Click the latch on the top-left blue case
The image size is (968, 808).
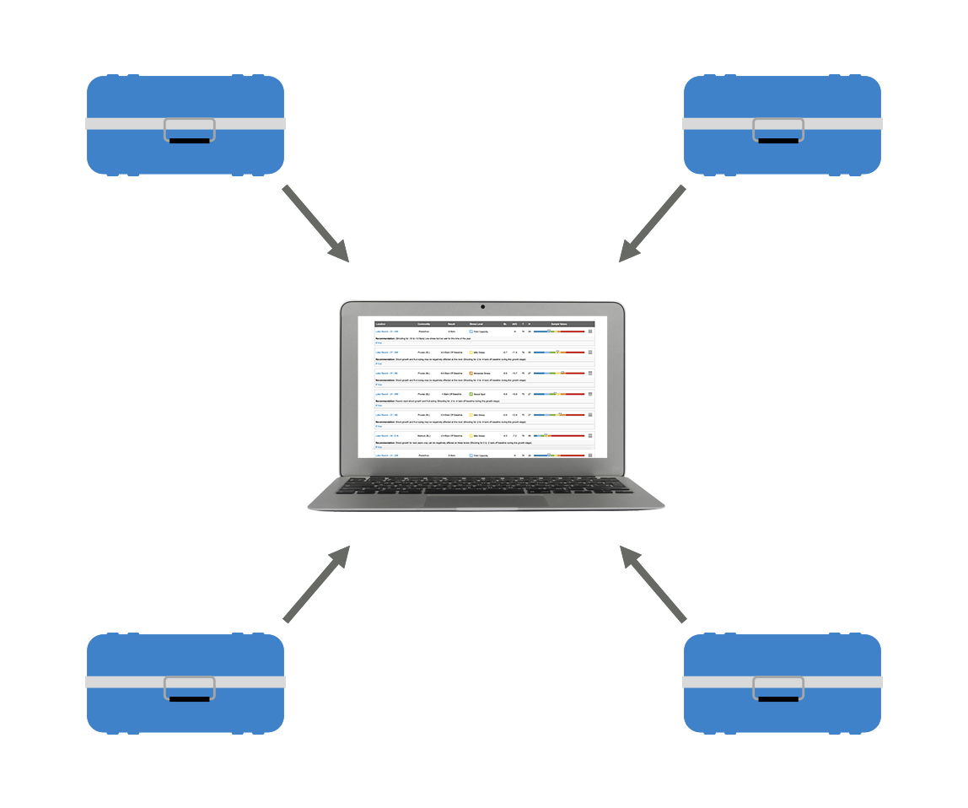[x=189, y=129]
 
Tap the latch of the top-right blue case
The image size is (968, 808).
[x=778, y=129]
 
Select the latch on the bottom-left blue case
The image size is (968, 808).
[x=189, y=687]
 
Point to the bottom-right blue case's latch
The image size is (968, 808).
[x=778, y=687]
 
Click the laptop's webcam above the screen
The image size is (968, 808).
[x=482, y=306]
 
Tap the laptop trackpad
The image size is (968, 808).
[x=485, y=501]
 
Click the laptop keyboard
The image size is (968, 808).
[x=485, y=486]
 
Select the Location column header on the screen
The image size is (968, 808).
[x=381, y=323]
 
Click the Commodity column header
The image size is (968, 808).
[x=424, y=323]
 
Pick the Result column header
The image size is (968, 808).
[x=452, y=323]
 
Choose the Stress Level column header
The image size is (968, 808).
[x=476, y=323]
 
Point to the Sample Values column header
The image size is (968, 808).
[x=560, y=323]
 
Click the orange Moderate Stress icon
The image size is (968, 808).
[x=471, y=373]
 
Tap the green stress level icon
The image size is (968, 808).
[x=471, y=394]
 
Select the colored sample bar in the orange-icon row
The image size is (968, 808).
[x=559, y=373]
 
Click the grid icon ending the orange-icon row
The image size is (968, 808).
[x=590, y=373]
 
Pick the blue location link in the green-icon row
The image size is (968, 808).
[x=386, y=394]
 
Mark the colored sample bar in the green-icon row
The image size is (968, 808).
[x=559, y=394]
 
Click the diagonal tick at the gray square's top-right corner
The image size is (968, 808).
[x=680, y=190]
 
